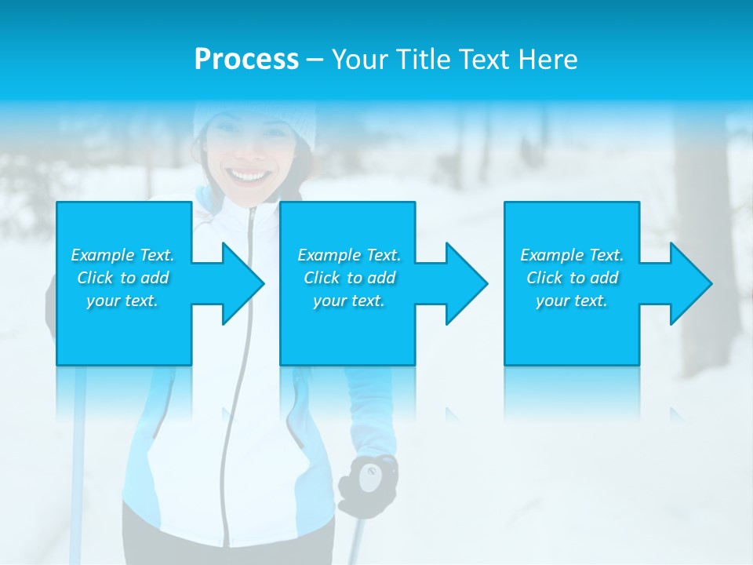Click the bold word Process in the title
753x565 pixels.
(x=246, y=60)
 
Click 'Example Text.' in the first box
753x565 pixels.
(x=122, y=255)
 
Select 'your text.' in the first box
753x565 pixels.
(x=122, y=301)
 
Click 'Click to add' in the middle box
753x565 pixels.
(x=349, y=278)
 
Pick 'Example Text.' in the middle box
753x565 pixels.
(x=349, y=255)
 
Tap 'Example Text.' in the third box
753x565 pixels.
(x=572, y=255)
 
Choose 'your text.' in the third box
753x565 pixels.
(x=572, y=301)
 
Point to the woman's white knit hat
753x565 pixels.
(x=255, y=118)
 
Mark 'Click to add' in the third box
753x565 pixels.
(x=572, y=278)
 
